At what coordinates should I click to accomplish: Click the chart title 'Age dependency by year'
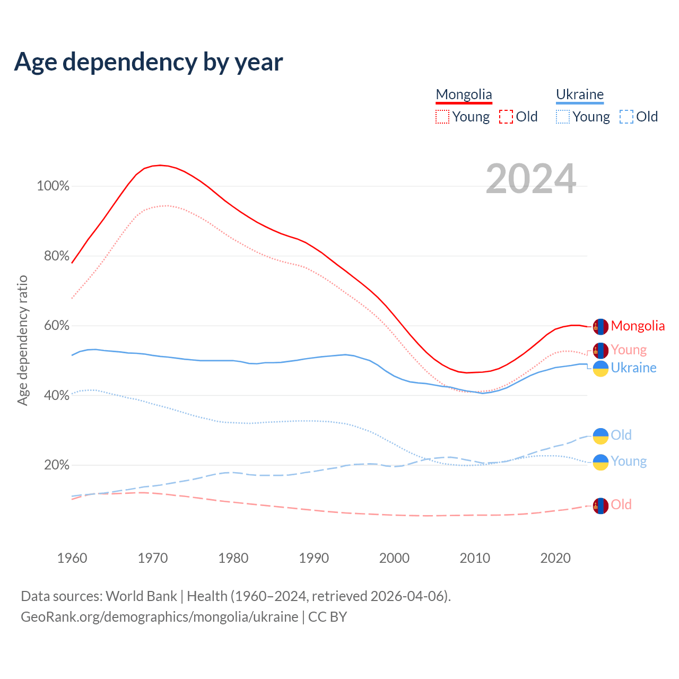[149, 62]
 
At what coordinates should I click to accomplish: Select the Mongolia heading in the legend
[464, 94]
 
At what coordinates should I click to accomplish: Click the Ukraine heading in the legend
[580, 94]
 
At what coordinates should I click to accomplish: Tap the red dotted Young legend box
[442, 117]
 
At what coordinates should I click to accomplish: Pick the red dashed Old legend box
[506, 117]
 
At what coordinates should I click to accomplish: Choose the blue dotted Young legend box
[563, 117]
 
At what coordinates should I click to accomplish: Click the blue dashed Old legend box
[626, 117]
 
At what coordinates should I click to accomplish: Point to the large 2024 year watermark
[530, 179]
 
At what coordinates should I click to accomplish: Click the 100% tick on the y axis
[53, 186]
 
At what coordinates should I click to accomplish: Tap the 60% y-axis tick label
[56, 326]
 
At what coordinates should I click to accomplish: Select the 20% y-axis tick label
[56, 465]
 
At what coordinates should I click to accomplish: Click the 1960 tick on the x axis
[72, 558]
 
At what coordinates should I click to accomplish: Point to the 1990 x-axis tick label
[314, 558]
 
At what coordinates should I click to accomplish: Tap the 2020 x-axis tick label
[555, 558]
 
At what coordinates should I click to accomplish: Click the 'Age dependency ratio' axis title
[22, 340]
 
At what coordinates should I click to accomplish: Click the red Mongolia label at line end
[638, 326]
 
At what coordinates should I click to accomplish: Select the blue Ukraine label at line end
[633, 368]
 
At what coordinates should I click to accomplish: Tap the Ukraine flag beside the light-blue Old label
[600, 436]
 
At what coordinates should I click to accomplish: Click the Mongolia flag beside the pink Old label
[600, 506]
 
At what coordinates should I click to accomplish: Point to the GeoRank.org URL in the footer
[159, 617]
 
